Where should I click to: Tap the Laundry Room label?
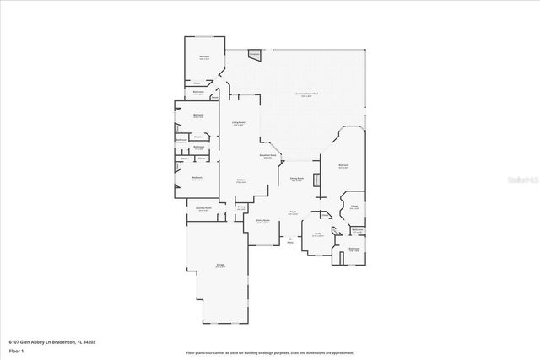tap(203, 208)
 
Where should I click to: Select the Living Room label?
tap(239, 123)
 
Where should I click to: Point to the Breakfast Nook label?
tap(268, 156)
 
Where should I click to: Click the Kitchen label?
tap(241, 180)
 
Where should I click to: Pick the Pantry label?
tap(241, 207)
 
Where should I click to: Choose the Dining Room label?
tap(262, 221)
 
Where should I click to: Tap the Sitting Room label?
tap(297, 178)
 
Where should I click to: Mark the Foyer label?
tap(292, 212)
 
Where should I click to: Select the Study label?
tap(318, 234)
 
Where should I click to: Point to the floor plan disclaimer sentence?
tap(270, 352)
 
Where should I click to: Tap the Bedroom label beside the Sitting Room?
tap(343, 166)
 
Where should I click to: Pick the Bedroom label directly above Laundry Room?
tap(197, 178)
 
